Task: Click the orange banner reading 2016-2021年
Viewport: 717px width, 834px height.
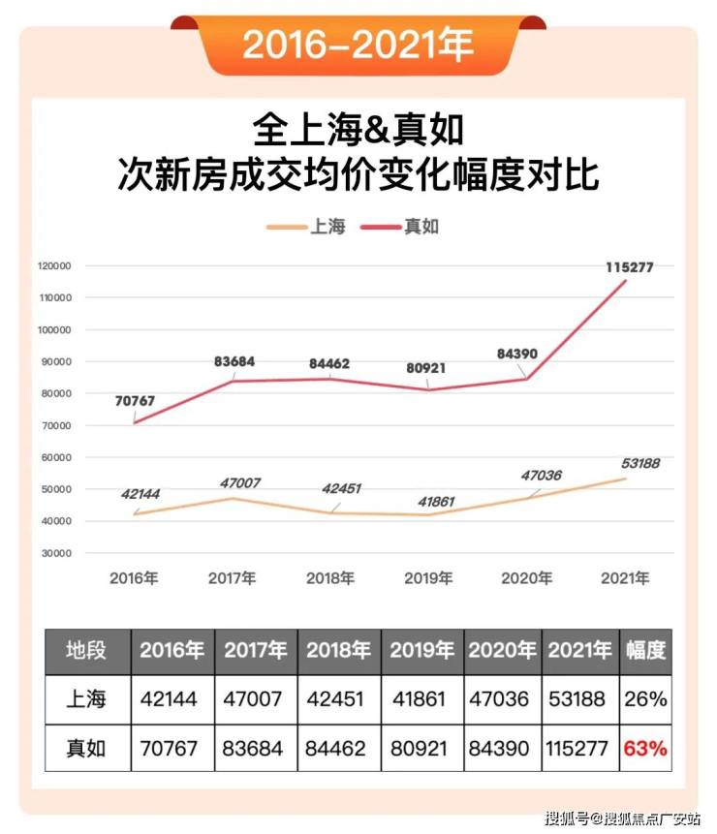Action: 358,45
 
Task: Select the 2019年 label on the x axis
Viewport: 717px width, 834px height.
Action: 428,578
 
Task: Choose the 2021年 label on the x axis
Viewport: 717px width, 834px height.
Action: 625,578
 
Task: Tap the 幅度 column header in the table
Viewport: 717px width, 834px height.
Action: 644,650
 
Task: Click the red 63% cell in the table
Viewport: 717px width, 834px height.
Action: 644,749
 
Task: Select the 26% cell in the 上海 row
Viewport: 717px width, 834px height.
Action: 644,699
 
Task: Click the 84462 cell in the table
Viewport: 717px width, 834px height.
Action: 339,749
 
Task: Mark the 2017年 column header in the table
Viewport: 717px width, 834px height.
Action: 256,650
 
